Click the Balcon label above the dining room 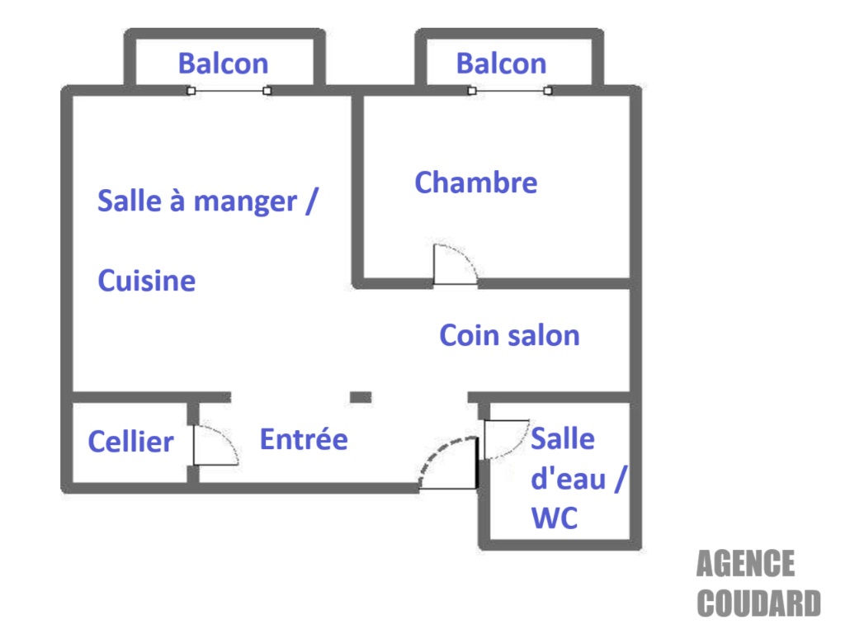223,64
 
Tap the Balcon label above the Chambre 501,64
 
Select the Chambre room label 475,182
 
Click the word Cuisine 147,282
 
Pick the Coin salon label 509,335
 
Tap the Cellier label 130,442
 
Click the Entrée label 304,439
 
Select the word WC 554,518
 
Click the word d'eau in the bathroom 569,479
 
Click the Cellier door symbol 215,446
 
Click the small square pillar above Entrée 361,397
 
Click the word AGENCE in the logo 745,565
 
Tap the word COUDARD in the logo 758,603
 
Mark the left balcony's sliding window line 229,91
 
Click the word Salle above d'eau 562,438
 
